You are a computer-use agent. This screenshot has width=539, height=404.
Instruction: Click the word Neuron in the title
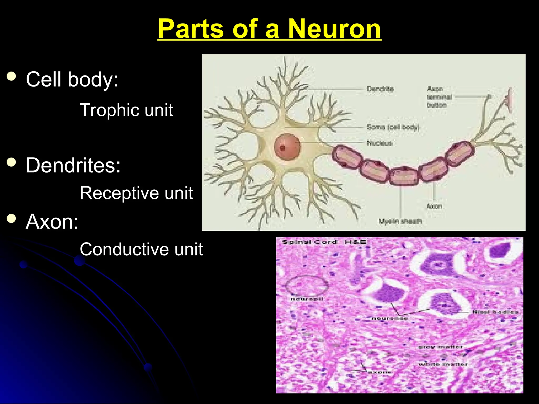(x=335, y=29)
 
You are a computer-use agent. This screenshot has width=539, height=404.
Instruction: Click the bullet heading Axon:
(x=52, y=221)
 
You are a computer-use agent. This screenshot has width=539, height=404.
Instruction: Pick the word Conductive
(x=125, y=249)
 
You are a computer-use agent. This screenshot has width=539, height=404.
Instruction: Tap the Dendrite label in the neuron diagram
(x=380, y=89)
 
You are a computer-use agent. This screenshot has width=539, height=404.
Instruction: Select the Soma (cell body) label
(x=393, y=127)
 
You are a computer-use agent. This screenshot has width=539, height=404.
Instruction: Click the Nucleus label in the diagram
(x=379, y=143)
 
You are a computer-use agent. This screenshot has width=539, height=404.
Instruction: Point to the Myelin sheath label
(x=400, y=221)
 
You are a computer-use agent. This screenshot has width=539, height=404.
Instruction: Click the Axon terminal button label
(x=439, y=97)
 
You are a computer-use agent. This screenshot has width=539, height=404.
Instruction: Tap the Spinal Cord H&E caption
(x=324, y=242)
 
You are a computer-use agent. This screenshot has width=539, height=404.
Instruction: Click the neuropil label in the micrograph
(x=307, y=299)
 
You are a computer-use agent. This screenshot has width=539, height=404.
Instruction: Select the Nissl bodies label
(x=495, y=312)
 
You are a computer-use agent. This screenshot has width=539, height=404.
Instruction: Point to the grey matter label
(x=440, y=347)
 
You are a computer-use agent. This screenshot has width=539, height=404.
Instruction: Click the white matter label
(x=443, y=364)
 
